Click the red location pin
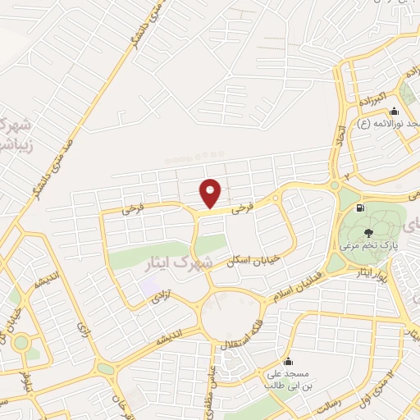[x=211, y=194]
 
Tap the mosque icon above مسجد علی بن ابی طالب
[x=287, y=361]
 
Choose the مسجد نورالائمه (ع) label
[x=390, y=123]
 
